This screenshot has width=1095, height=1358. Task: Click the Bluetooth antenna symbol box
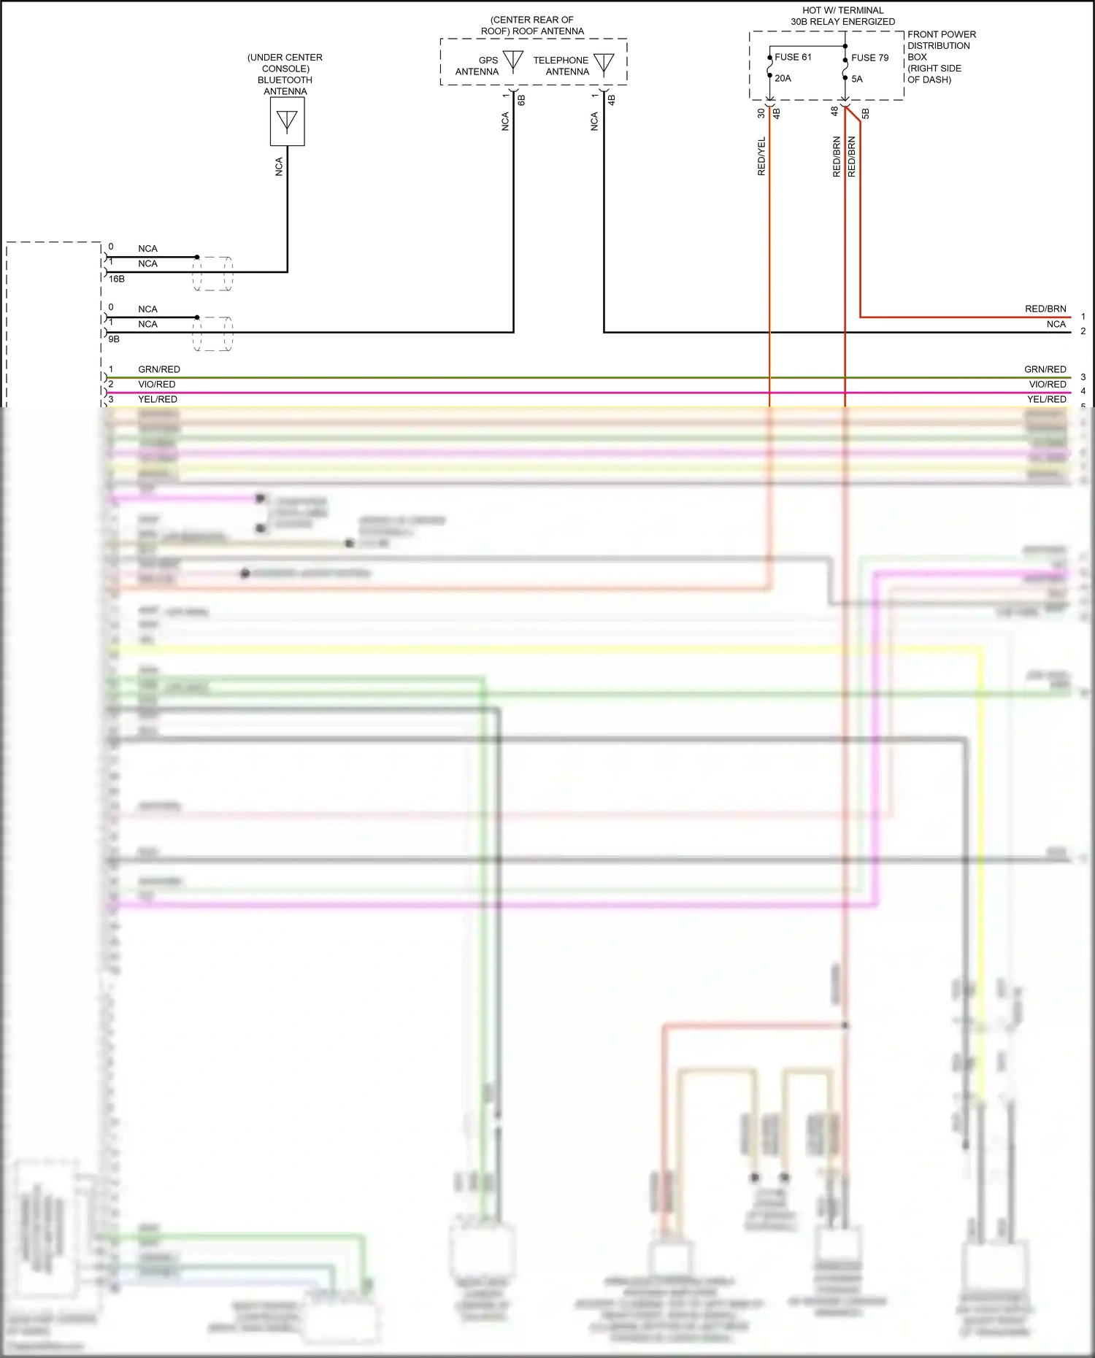click(x=287, y=121)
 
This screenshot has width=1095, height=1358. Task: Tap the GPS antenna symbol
click(x=513, y=61)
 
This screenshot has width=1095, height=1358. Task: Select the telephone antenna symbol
click(x=604, y=63)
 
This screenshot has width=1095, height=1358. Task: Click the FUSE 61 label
click(x=793, y=57)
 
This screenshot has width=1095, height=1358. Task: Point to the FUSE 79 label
click(x=869, y=58)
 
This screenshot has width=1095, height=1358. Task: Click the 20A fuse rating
click(x=783, y=78)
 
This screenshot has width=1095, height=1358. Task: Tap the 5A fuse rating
click(x=857, y=79)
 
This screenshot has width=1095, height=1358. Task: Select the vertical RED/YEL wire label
click(x=761, y=156)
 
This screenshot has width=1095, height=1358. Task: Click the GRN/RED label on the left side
click(x=159, y=369)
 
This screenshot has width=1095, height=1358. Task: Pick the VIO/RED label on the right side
click(x=1048, y=385)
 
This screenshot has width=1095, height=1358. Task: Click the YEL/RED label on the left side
click(x=158, y=399)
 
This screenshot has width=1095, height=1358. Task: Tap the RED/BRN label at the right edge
click(x=1045, y=309)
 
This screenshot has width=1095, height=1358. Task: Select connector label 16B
click(x=117, y=279)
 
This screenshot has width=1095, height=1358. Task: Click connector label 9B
click(x=114, y=339)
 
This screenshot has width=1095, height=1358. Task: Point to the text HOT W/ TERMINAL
click(x=842, y=10)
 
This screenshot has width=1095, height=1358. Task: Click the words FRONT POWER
click(x=941, y=34)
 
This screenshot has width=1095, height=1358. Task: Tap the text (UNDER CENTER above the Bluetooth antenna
click(x=285, y=57)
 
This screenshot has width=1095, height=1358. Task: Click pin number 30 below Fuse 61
click(x=761, y=113)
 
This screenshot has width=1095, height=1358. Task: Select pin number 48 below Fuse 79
click(x=834, y=111)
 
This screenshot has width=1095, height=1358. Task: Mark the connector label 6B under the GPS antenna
click(x=521, y=100)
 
